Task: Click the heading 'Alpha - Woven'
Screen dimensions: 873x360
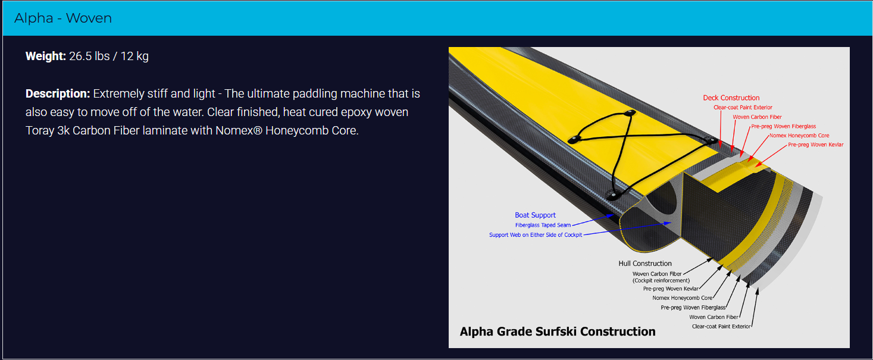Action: pos(63,18)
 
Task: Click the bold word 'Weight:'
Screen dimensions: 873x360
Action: pos(45,57)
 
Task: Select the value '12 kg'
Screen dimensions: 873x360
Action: pos(134,57)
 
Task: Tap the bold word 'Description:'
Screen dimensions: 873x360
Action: pos(57,94)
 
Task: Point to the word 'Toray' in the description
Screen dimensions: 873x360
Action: pos(40,130)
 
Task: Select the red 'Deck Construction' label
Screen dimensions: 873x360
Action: pos(731,98)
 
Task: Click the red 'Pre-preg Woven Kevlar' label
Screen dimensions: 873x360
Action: pos(815,145)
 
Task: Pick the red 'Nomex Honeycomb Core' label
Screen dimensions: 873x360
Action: pos(799,136)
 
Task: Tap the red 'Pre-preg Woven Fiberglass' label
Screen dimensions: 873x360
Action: pos(783,126)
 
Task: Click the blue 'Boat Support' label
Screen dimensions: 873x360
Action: pos(535,215)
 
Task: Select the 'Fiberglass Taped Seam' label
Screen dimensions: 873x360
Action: pos(543,225)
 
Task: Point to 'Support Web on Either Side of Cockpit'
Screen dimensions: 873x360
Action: pos(536,235)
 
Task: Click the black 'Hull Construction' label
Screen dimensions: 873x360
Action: pos(645,264)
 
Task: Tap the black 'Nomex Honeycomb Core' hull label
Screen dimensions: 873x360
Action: pos(682,298)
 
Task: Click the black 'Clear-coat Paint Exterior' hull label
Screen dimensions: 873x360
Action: pos(721,326)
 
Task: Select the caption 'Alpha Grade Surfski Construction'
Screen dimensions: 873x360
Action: pos(558,331)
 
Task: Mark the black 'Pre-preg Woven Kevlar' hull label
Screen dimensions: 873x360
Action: pos(671,289)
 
